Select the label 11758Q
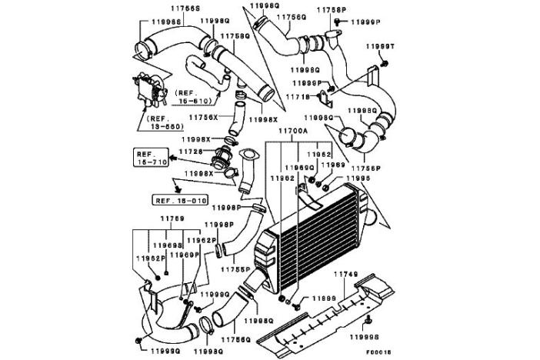235,35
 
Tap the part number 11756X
203,116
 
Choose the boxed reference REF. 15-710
152,158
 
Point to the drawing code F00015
377,351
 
